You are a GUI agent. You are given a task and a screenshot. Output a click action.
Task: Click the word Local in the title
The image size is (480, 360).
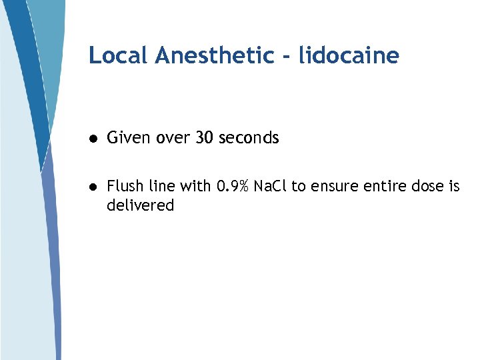pyautogui.click(x=117, y=55)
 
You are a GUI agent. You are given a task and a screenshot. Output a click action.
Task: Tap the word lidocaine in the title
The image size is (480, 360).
pyautogui.click(x=349, y=55)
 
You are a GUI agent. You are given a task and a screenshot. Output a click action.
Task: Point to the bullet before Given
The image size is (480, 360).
pyautogui.click(x=95, y=139)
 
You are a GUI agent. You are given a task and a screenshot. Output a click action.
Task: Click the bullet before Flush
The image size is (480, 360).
pyautogui.click(x=95, y=187)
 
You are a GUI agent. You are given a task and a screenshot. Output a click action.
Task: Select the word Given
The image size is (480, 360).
pyautogui.click(x=129, y=138)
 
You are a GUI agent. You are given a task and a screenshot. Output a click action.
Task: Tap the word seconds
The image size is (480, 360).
pyautogui.click(x=248, y=138)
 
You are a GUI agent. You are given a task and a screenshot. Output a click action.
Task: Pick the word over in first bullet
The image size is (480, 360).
pyautogui.click(x=172, y=138)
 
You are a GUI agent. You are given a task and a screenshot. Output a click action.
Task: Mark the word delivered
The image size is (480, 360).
pyautogui.click(x=140, y=205)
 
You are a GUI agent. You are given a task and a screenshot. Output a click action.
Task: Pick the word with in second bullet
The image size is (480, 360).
pyautogui.click(x=194, y=186)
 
